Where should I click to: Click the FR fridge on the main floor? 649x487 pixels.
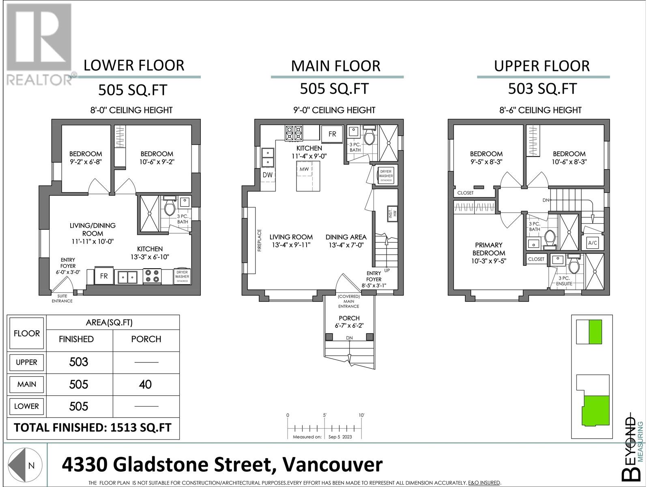pyautogui.click(x=332, y=134)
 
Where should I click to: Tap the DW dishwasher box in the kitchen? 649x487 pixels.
pyautogui.click(x=267, y=175)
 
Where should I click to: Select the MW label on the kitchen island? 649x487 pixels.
pyautogui.click(x=304, y=169)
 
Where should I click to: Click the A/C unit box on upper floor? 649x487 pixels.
pyautogui.click(x=592, y=243)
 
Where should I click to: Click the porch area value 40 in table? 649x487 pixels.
pyautogui.click(x=145, y=384)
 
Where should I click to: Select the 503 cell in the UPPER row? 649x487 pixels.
pyautogui.click(x=79, y=362)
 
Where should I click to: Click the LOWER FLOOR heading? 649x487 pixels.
pyautogui.click(x=134, y=65)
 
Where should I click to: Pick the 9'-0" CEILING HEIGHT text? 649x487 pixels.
pyautogui.click(x=335, y=110)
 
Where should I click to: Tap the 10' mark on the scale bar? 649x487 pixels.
pyautogui.click(x=361, y=415)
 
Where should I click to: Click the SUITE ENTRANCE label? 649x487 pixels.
pyautogui.click(x=62, y=299)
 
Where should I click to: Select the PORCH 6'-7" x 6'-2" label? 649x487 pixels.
pyautogui.click(x=349, y=321)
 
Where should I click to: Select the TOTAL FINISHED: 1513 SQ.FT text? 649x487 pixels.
pyautogui.click(x=93, y=428)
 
